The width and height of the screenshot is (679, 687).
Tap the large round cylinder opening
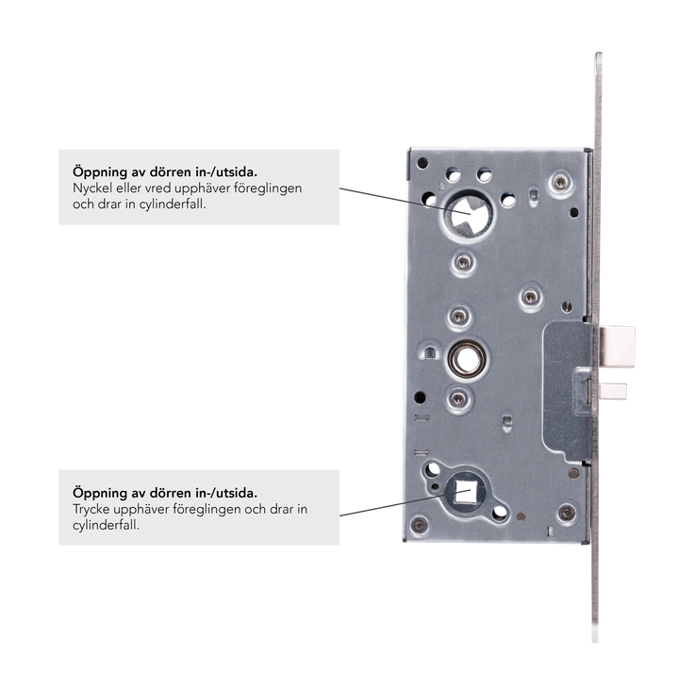[x=469, y=214]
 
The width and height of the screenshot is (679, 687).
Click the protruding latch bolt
[x=617, y=347]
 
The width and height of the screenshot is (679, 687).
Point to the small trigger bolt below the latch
[x=613, y=391]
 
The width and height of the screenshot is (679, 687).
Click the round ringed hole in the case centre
[x=467, y=359]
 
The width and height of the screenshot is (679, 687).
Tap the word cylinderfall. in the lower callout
[x=106, y=525]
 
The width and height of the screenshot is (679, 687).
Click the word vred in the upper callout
[x=157, y=188]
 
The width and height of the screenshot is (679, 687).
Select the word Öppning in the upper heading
[x=100, y=172]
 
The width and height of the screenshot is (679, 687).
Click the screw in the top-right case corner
[x=560, y=181]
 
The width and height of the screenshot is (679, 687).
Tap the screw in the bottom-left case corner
[x=419, y=525]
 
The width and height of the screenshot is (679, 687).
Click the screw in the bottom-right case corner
[x=567, y=513]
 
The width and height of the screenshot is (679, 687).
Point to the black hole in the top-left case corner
[x=422, y=163]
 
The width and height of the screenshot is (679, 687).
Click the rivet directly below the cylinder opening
[x=463, y=262]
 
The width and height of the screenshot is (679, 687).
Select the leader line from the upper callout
[x=405, y=201]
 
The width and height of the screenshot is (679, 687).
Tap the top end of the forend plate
[x=599, y=54]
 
